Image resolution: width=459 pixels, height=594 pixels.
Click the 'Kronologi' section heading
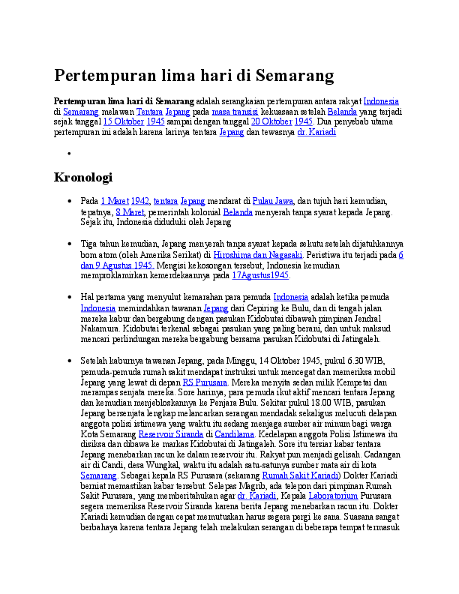pos(82,178)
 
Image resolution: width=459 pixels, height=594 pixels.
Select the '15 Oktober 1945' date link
pos(134,121)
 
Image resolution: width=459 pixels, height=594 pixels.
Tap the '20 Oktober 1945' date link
pos(282,121)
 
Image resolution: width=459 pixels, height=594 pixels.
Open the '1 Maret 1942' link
pos(125,202)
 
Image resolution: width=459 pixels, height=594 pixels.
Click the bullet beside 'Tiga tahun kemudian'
pos(69,244)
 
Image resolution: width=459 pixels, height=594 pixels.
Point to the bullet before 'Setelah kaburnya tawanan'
pos(69,361)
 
